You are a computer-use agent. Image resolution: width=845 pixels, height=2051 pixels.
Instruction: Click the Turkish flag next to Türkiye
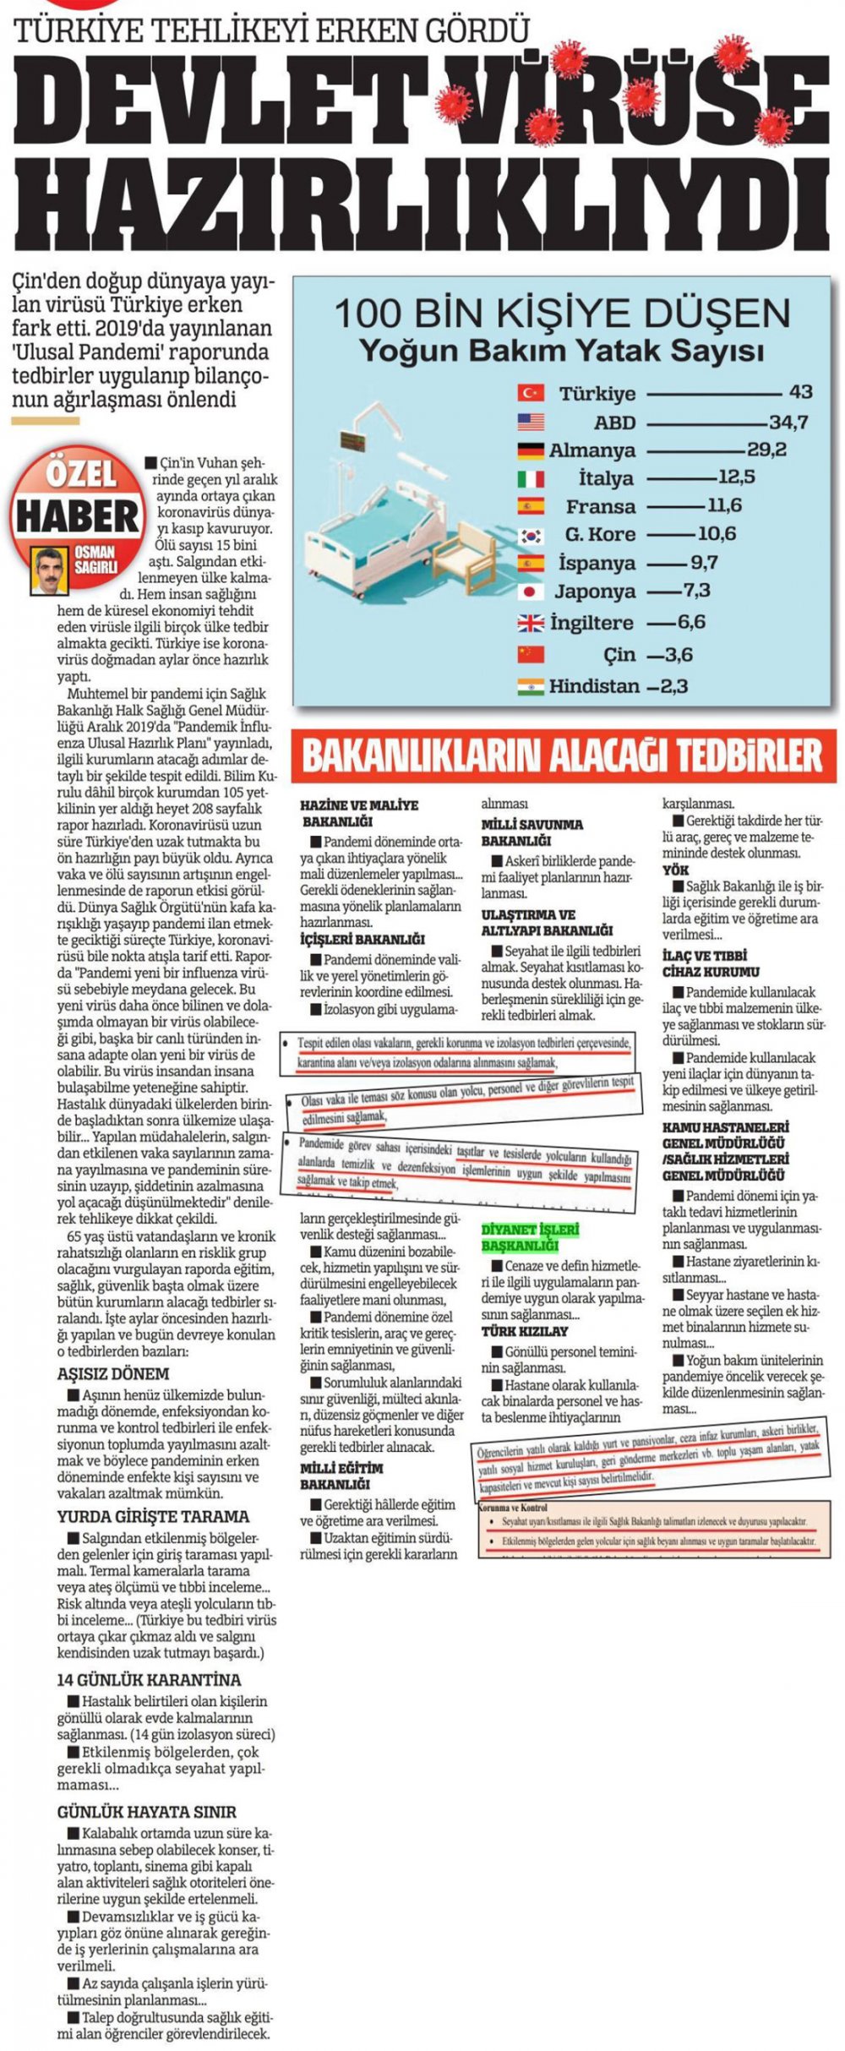(531, 393)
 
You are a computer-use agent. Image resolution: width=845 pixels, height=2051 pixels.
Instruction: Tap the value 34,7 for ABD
(788, 422)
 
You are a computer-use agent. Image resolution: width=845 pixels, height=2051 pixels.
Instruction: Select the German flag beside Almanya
(531, 450)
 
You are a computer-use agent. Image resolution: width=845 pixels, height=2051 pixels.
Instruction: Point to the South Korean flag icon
(531, 534)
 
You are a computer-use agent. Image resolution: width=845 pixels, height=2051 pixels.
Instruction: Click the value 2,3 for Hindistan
(673, 685)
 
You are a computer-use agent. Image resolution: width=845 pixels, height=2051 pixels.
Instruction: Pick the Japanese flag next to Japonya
(531, 591)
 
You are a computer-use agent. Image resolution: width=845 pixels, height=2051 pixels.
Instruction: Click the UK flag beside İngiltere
(531, 623)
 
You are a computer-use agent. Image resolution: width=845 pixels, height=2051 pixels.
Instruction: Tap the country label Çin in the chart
(619, 654)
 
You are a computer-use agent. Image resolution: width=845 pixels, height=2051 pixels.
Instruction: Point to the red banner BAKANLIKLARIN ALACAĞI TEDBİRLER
(562, 755)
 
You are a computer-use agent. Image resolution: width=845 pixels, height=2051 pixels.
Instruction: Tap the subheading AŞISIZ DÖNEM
(113, 1373)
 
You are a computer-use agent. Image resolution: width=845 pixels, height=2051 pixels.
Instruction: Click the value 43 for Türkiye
(800, 392)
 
